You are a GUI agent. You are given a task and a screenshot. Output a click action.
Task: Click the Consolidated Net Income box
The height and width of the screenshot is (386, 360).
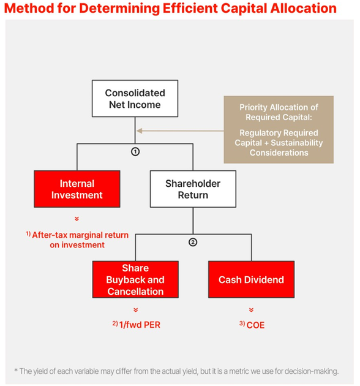[135, 99]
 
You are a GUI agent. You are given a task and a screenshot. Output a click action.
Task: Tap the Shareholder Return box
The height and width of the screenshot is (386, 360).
[193, 189]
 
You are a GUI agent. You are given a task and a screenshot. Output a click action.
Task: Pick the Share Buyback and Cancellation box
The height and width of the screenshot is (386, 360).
[135, 280]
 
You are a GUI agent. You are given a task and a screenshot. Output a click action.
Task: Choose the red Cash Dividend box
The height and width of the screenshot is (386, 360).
[251, 280]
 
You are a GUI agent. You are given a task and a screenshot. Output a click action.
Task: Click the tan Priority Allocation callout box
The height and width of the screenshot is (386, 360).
[279, 129]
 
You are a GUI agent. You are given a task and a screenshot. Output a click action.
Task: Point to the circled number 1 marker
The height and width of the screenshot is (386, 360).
[135, 151]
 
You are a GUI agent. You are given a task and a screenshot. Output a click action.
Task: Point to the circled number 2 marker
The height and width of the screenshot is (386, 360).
[193, 242]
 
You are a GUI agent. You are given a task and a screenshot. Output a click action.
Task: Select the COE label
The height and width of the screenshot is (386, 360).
[254, 325]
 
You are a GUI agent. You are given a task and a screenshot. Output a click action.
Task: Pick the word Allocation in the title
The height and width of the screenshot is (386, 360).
[301, 9]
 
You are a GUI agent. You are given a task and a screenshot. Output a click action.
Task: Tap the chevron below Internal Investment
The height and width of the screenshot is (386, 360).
[77, 218]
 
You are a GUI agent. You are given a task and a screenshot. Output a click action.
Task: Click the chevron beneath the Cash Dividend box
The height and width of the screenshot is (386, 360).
[251, 309]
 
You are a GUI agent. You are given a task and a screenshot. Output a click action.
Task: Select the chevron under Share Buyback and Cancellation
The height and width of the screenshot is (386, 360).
[135, 309]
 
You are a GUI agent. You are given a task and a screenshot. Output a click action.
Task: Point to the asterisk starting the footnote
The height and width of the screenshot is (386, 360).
[16, 370]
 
